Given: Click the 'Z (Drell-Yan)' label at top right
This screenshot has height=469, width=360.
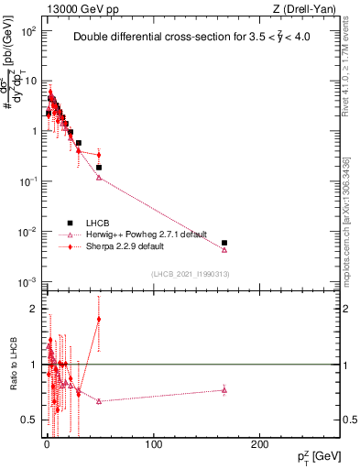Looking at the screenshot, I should pos(307,8).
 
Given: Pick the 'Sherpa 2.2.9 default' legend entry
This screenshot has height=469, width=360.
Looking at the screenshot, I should pos(119,246).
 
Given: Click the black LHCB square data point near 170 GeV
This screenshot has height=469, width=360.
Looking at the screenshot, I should pos(224,243).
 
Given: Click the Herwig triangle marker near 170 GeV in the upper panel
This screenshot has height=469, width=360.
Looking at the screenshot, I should pos(224,250).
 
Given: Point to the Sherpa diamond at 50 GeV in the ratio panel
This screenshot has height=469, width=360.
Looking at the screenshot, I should pos(99,320).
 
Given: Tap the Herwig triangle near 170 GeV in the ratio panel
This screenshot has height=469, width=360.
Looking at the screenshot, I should pos(224,390).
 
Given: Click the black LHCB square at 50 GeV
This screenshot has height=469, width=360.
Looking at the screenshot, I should pos(99,168).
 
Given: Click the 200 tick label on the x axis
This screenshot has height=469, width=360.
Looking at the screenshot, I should pos(260,445).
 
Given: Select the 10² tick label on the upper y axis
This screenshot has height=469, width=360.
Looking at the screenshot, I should pos(28,30).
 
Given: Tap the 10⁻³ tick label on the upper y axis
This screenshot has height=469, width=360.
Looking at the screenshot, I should pos(28,281).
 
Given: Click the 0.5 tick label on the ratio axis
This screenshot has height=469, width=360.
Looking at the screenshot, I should pos(30,420).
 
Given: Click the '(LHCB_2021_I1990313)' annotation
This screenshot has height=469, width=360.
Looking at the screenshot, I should pos(189,274).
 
